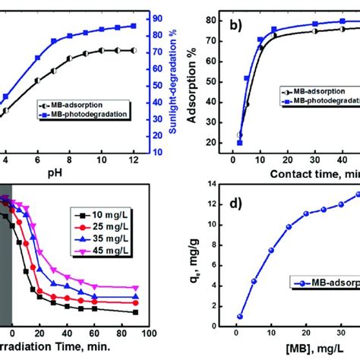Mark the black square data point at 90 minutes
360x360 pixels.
click(135, 311)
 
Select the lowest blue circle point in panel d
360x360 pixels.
click(240, 316)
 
